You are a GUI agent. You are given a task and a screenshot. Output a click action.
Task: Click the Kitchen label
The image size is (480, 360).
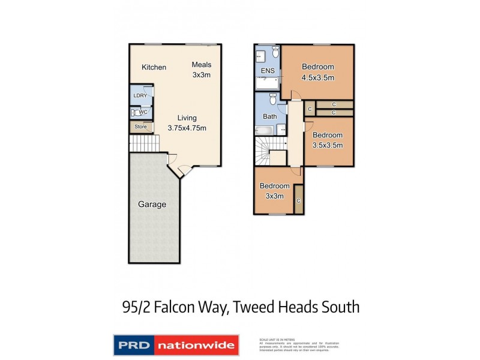pos(154,67)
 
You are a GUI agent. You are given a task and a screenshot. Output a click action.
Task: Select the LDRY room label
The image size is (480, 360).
pos(140,95)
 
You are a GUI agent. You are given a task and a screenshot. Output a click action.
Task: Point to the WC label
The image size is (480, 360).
pos(142,112)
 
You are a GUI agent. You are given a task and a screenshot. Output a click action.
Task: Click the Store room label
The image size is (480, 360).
pos(140,127)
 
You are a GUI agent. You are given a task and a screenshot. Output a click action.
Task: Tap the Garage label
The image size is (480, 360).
pos(152,204)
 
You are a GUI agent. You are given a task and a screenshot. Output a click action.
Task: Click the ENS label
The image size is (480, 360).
pos(268,71)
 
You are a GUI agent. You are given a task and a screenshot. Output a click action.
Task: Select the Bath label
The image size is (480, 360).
pos(269,116)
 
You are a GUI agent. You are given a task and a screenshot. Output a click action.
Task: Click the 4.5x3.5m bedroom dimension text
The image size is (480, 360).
pos(317,77)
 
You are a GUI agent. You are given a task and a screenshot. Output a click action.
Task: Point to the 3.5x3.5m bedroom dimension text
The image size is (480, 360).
pos(327,145)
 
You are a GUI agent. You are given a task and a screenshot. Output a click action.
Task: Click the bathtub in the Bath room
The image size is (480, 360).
pos(265,130)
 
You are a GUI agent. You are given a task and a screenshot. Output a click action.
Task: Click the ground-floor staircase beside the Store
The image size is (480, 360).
pos(145,143)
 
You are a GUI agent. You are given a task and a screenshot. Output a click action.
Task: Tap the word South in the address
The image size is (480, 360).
pos(338,308)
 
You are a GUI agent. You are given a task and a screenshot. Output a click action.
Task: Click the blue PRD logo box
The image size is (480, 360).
pos(134,345)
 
